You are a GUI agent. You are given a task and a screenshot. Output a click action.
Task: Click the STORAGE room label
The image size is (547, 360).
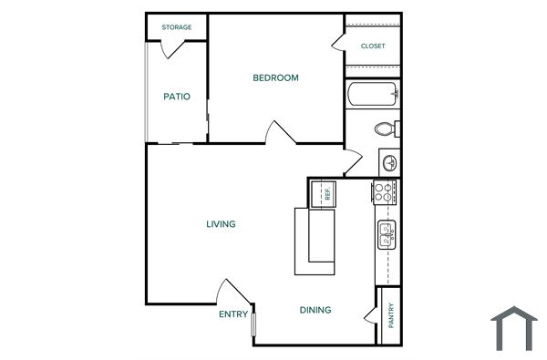(177, 27)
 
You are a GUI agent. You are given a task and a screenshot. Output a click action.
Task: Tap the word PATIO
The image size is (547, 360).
(177, 96)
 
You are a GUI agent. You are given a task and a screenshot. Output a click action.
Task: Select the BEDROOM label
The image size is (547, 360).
(275, 77)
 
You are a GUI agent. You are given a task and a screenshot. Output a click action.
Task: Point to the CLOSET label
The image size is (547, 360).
(373, 46)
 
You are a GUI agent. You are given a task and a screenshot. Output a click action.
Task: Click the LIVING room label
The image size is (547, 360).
(221, 223)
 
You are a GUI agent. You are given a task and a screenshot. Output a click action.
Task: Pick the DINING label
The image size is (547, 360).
(315, 310)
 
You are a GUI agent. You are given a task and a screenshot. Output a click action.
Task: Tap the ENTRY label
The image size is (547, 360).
(233, 314)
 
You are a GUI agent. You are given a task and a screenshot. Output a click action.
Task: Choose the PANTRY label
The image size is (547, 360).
(390, 314)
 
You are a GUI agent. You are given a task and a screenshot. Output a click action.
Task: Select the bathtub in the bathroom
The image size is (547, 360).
(373, 94)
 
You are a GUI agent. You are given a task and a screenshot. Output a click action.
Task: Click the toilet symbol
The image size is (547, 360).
(387, 128)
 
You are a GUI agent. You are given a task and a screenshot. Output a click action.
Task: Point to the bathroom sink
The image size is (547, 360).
(389, 162)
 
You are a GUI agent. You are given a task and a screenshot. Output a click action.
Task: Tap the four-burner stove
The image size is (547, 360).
(385, 191)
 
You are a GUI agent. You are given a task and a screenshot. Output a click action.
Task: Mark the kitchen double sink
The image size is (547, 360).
(387, 234)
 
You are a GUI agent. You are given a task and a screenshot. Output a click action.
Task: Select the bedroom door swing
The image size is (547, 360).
(280, 132)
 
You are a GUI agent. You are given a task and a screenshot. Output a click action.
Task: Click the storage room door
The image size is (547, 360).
(173, 48)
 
